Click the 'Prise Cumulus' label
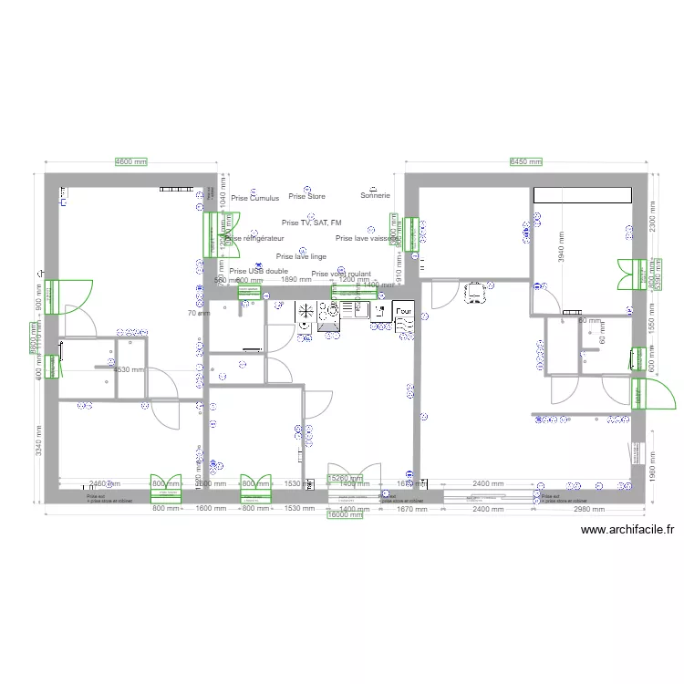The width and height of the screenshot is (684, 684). pos(254,198)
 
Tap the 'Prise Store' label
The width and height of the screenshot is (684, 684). pos(306,196)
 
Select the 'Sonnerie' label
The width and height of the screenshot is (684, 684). pos(375,195)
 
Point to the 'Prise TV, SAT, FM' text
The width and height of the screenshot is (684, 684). pos(312,223)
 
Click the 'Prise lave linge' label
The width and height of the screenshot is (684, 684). pos(301,257)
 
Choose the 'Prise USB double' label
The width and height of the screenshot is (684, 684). pos(259,271)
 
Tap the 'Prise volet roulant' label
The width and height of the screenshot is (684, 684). pos(341,274)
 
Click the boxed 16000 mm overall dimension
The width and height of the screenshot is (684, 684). pos(345,514)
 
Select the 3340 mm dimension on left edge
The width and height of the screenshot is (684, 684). pos(37,444)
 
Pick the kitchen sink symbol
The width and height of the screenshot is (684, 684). pos(354,310)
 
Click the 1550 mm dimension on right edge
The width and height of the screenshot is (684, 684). pos(650,316)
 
